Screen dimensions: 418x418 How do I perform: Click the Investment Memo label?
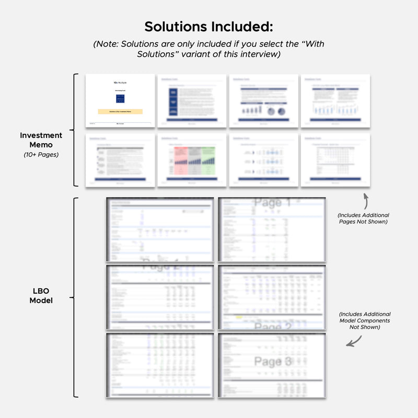click(41, 140)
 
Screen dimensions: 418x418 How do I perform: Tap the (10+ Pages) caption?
click(41, 155)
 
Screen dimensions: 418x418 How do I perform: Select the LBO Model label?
click(41, 296)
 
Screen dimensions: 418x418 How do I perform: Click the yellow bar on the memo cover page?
click(120, 111)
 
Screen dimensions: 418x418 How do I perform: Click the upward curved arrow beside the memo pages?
click(365, 200)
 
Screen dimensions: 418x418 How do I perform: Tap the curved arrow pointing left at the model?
click(354, 340)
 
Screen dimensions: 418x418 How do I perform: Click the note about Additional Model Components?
click(364, 320)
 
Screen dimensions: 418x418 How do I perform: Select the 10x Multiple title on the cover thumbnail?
click(120, 83)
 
